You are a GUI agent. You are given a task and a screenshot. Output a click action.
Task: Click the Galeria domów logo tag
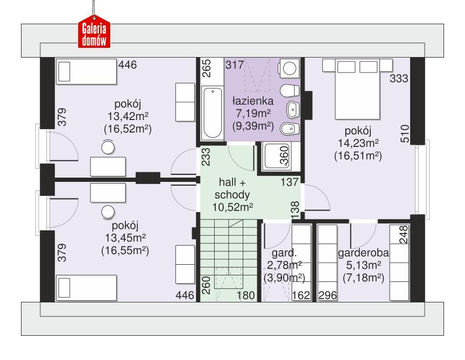(x=95, y=34)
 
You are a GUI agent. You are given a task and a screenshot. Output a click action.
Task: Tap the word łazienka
(x=253, y=101)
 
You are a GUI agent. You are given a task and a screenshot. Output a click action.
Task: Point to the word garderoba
(x=363, y=253)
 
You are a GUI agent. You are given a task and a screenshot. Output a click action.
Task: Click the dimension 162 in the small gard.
(x=302, y=295)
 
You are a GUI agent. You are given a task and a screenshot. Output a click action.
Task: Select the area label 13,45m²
(x=125, y=238)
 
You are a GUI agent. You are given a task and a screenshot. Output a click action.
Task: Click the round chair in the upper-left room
(x=109, y=146)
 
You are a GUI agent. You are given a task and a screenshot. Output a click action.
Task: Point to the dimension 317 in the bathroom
(x=235, y=66)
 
